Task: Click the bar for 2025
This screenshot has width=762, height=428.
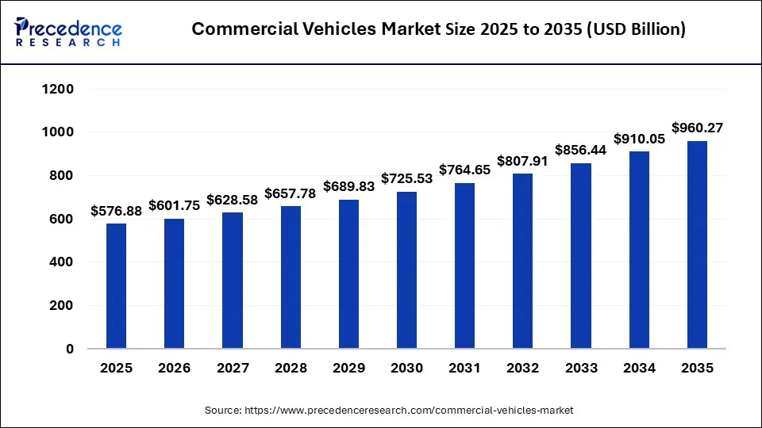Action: click(x=116, y=285)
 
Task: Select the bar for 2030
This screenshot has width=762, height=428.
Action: click(x=406, y=269)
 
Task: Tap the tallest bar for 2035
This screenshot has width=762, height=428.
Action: click(x=697, y=244)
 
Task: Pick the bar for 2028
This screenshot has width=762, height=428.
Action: click(x=291, y=277)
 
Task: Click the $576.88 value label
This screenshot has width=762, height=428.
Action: click(x=116, y=211)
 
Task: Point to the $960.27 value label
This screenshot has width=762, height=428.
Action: click(x=697, y=128)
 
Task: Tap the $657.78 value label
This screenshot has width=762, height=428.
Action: click(x=291, y=193)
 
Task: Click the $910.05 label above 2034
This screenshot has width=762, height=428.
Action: click(x=639, y=139)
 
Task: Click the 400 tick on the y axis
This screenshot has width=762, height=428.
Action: click(x=63, y=262)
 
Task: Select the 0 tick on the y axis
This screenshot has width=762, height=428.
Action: click(x=69, y=349)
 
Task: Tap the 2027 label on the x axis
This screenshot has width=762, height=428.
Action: click(x=233, y=369)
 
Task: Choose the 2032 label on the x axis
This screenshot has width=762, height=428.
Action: click(x=523, y=369)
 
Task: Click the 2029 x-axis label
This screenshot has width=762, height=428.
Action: click(x=348, y=369)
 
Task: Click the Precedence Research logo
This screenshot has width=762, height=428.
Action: click(x=68, y=32)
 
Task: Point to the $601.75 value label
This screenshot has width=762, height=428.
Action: click(x=175, y=205)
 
